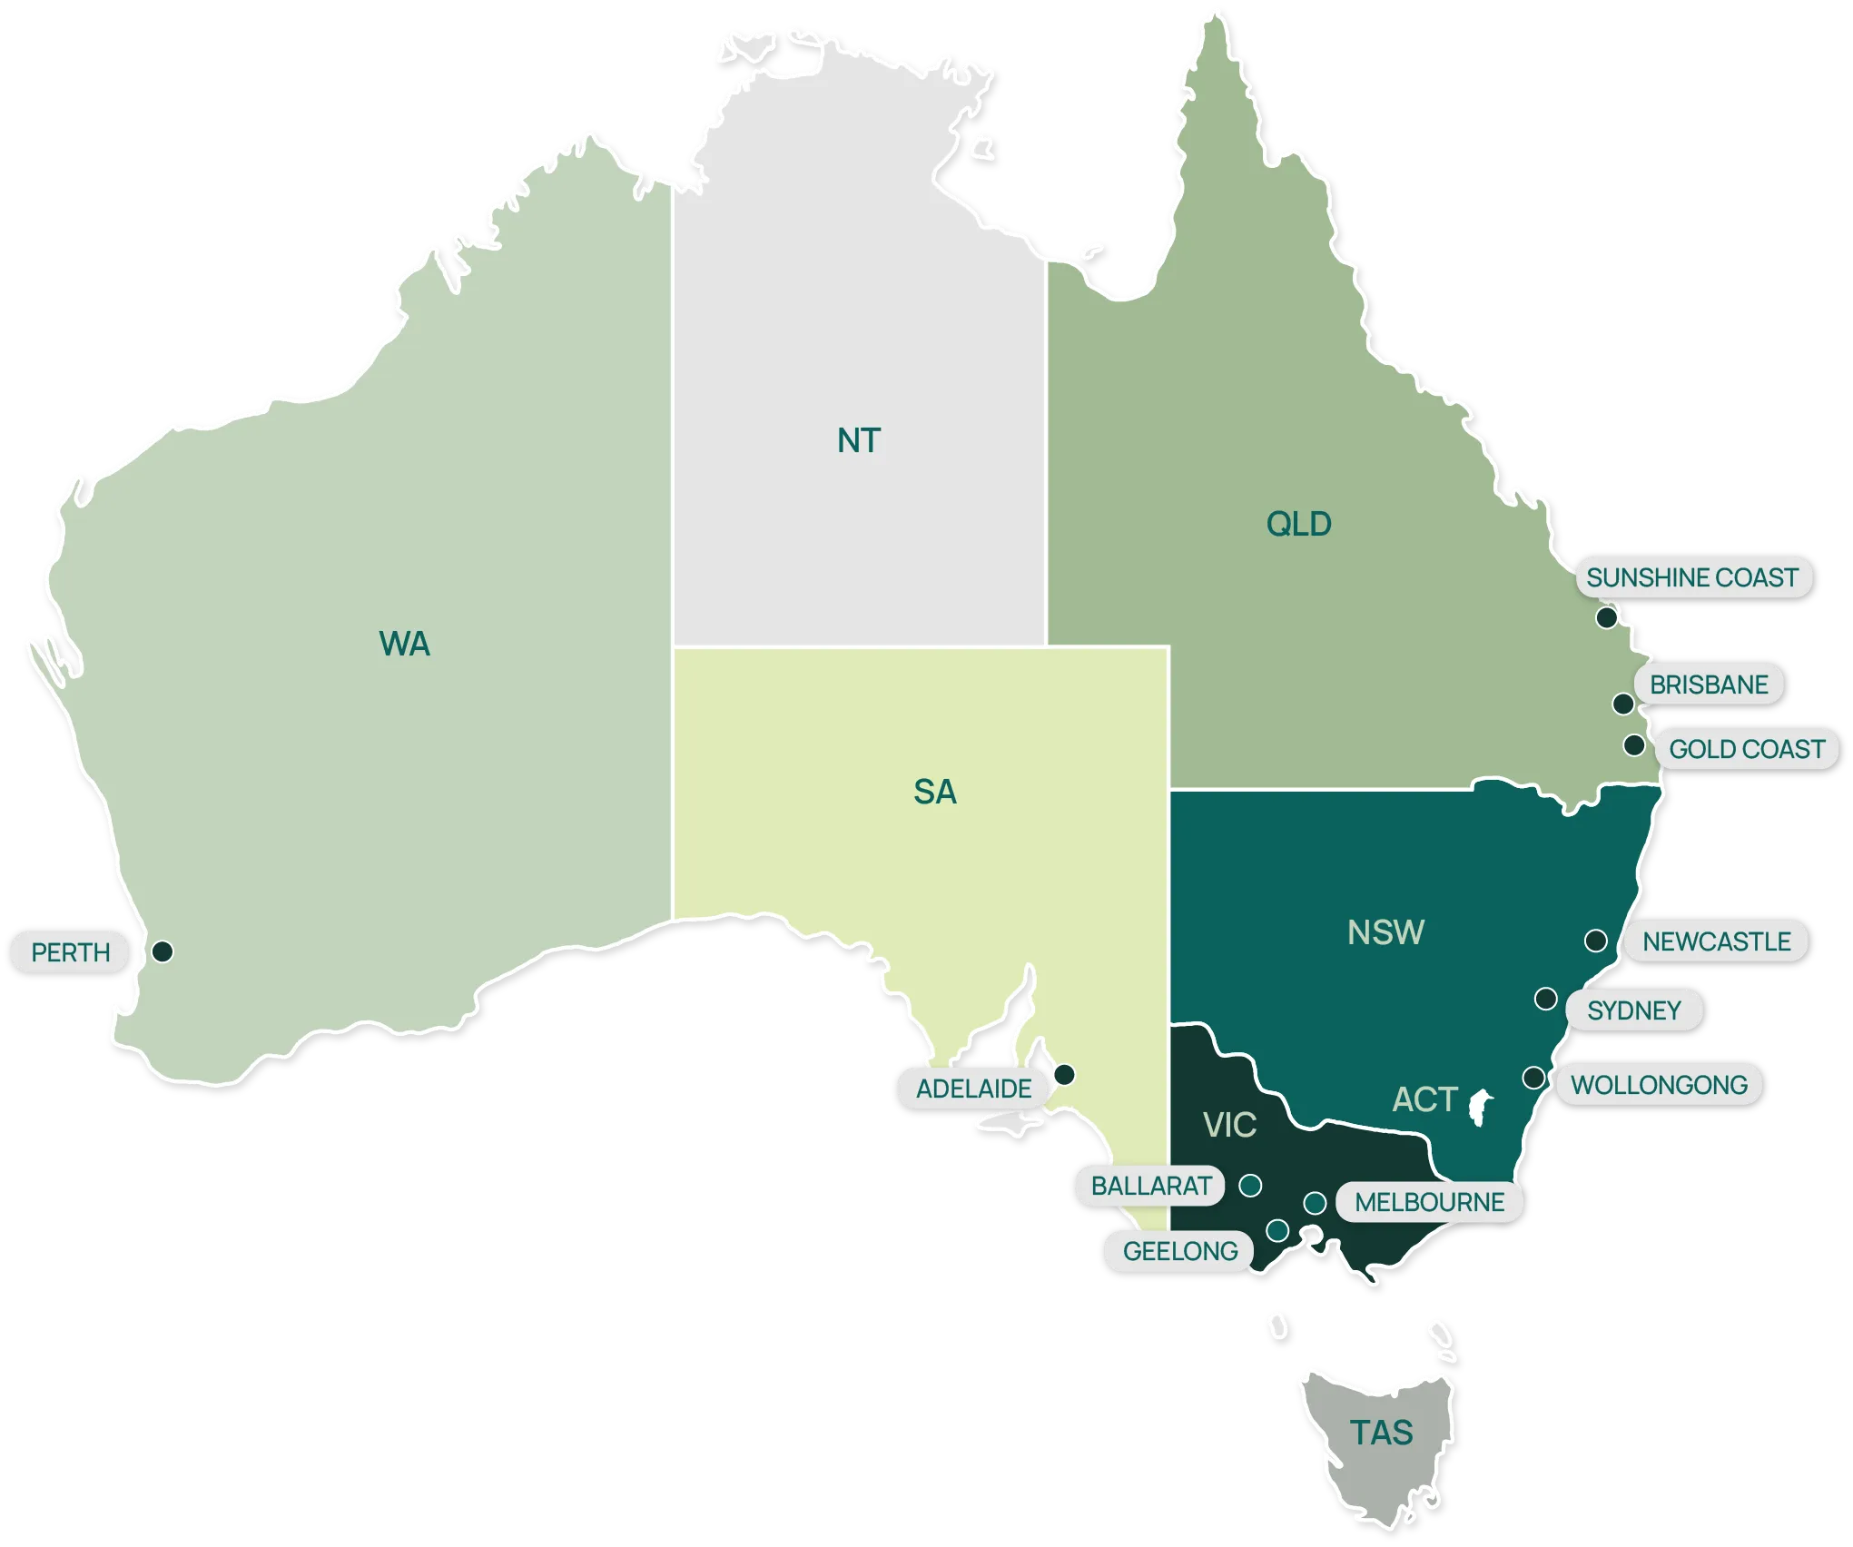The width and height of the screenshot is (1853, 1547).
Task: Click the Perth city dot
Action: click(163, 951)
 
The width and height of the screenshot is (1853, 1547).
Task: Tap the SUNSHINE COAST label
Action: click(1692, 577)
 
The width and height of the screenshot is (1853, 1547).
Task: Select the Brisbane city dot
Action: click(1623, 704)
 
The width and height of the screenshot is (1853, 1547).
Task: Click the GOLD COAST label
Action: click(1746, 749)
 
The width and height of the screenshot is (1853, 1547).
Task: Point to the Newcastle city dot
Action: click(1595, 941)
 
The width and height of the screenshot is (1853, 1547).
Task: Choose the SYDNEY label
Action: click(1633, 1010)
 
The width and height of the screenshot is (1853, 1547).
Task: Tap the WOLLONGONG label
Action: click(1659, 1085)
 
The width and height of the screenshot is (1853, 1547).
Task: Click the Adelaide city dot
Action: click(1064, 1075)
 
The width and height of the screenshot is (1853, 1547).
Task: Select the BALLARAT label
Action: click(1150, 1186)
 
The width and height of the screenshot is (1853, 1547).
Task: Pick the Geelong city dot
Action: click(1277, 1231)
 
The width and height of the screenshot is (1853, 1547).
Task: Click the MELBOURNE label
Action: click(1429, 1202)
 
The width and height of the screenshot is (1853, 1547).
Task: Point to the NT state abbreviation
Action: click(858, 441)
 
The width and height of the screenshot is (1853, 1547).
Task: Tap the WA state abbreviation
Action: click(404, 644)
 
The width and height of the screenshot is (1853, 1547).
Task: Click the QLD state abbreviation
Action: click(1298, 524)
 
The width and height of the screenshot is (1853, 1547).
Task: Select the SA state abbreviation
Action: click(934, 792)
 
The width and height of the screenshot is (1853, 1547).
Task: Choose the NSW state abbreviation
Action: click(1385, 932)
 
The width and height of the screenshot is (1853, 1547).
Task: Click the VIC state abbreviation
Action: click(1229, 1125)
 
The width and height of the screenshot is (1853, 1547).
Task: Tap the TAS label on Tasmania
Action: click(1381, 1433)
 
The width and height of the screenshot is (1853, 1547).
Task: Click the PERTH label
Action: click(70, 952)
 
